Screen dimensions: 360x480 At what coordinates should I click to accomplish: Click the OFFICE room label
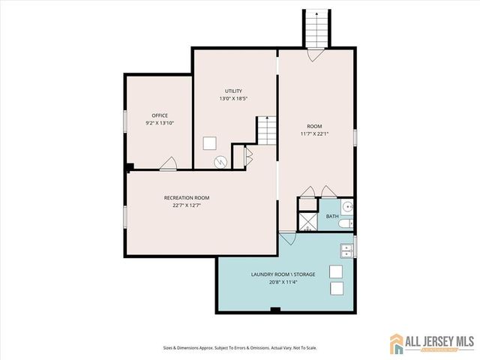pyautogui.click(x=159, y=115)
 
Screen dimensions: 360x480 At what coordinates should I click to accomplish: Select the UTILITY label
pyautogui.click(x=233, y=91)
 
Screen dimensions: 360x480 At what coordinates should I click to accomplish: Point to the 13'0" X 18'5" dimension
pyautogui.click(x=233, y=98)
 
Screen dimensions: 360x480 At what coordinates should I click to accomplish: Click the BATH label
pyautogui.click(x=332, y=217)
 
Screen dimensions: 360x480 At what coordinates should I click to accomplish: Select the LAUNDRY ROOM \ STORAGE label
pyautogui.click(x=283, y=274)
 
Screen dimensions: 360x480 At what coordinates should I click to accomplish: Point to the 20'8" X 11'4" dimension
pyautogui.click(x=283, y=282)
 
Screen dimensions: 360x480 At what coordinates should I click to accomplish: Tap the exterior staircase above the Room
pyautogui.click(x=315, y=28)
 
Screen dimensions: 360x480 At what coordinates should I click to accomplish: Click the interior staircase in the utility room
pyautogui.click(x=267, y=131)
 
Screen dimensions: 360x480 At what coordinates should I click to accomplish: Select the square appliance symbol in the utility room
pyautogui.click(x=211, y=143)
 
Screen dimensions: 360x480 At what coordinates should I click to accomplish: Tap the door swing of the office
pyautogui.click(x=169, y=163)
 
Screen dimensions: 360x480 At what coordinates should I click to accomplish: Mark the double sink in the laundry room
pyautogui.click(x=346, y=251)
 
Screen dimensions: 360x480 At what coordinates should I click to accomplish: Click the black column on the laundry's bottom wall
pyautogui.click(x=275, y=310)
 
